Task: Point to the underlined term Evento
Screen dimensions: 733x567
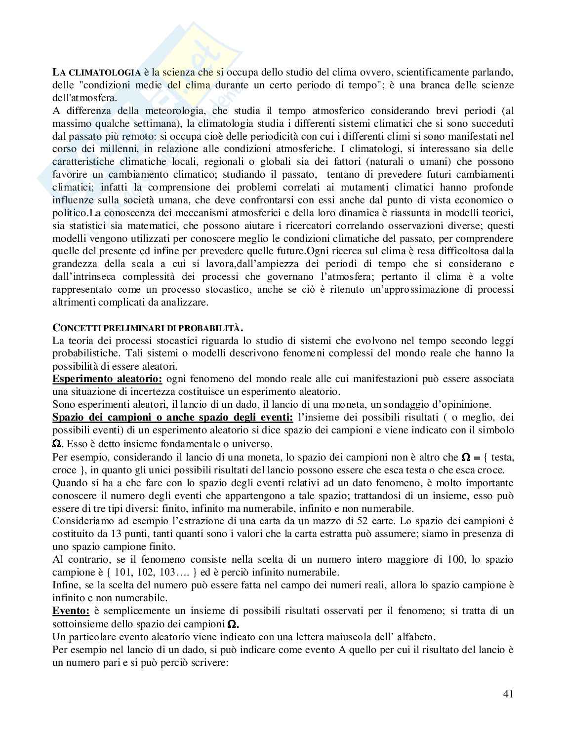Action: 71,611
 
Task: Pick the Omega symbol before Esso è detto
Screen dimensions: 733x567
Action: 58,444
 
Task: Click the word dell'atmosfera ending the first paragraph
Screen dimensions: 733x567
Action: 82,98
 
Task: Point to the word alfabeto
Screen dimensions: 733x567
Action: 450,636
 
